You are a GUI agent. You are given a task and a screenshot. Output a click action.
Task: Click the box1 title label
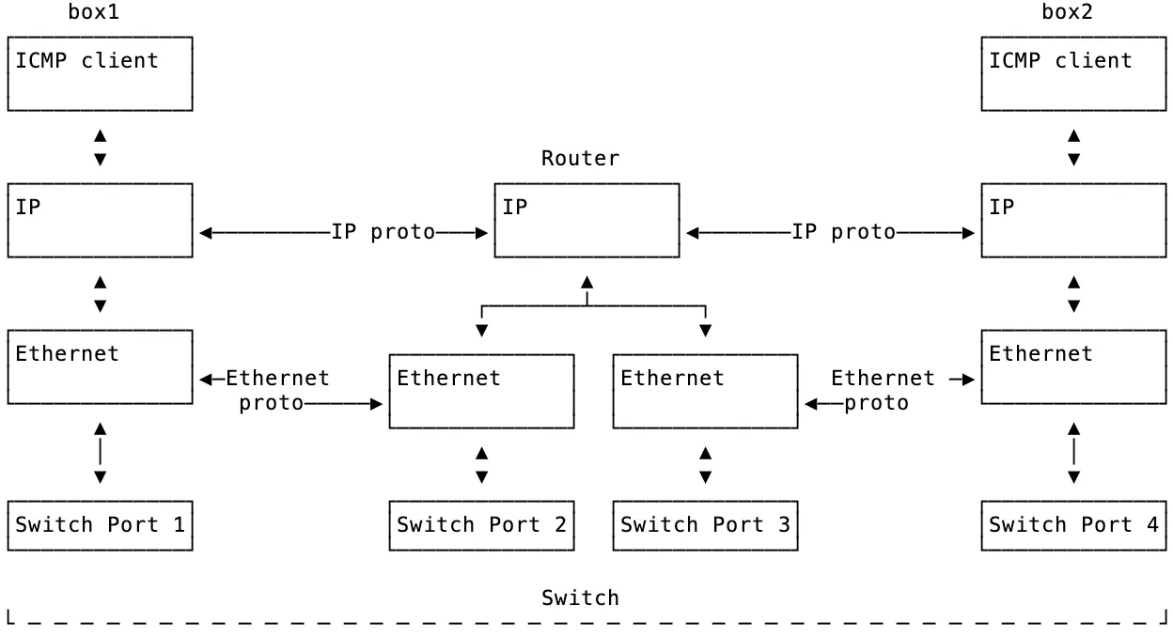[x=94, y=12]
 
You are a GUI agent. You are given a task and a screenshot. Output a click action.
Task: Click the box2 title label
[x=1068, y=12]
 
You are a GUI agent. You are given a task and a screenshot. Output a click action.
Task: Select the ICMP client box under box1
[x=100, y=74]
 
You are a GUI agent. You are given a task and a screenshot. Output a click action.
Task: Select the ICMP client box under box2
[x=1073, y=74]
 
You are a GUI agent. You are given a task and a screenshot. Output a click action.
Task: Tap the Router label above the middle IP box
[x=580, y=159]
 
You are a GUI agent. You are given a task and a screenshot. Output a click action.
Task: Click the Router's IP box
[x=586, y=221]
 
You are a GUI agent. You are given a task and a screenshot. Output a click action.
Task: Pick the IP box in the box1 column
[x=100, y=221]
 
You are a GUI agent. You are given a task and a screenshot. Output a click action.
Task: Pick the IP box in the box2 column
[x=1073, y=221]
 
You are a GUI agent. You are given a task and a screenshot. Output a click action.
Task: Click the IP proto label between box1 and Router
[x=383, y=231]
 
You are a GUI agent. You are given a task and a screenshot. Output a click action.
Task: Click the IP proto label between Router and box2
[x=844, y=231]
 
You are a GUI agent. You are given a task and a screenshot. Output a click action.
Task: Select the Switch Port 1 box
[x=100, y=525]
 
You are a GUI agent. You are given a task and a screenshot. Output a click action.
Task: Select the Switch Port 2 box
[x=481, y=525]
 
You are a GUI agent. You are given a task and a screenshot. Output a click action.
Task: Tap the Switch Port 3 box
[x=705, y=525]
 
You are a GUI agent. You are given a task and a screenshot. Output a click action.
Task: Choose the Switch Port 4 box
[x=1073, y=525]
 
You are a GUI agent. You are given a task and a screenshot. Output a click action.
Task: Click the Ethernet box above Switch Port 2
[x=481, y=392]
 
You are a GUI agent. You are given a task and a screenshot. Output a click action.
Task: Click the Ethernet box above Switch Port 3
[x=705, y=392]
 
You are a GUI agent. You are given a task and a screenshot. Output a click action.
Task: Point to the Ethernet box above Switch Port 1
[x=100, y=367]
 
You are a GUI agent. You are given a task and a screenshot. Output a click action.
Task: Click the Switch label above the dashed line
[x=580, y=598]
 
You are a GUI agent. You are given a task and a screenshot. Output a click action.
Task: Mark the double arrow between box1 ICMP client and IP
[x=100, y=148]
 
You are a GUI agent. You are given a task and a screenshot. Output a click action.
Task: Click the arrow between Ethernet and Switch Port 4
[x=1073, y=453]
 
